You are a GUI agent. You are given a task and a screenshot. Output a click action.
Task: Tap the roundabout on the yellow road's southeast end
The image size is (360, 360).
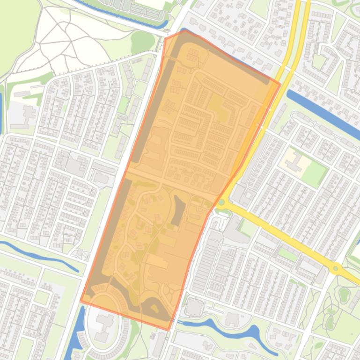[335, 268]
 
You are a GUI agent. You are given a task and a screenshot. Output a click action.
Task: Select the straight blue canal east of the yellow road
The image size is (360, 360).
[323, 110]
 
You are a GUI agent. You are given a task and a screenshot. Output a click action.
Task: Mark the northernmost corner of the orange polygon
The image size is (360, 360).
[182, 31]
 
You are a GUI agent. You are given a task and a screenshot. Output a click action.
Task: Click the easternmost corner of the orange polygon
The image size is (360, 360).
[280, 85]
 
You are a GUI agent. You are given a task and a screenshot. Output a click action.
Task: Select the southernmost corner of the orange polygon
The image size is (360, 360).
[168, 330]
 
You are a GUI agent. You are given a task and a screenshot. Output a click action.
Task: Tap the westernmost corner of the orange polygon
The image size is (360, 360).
[81, 301]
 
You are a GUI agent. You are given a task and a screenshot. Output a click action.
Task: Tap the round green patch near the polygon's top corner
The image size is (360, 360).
[142, 41]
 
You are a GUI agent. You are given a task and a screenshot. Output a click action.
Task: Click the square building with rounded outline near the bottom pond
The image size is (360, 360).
[194, 307]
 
